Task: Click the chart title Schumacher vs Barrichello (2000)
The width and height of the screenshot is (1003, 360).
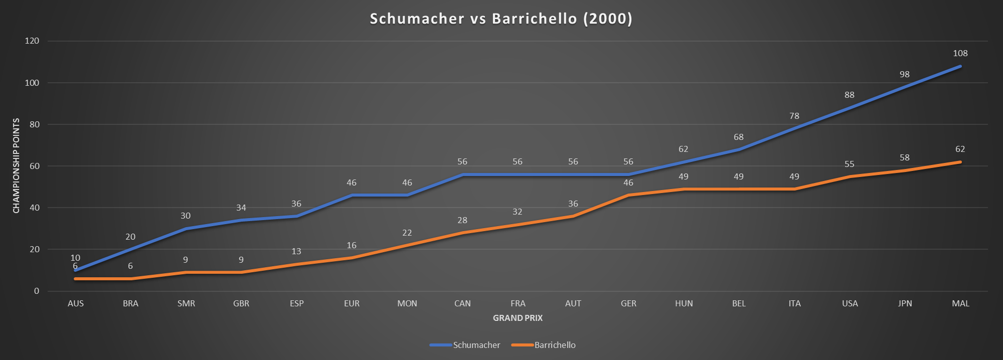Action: click(x=501, y=19)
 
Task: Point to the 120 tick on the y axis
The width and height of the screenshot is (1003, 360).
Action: click(x=32, y=41)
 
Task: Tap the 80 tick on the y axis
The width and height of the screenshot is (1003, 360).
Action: click(x=34, y=124)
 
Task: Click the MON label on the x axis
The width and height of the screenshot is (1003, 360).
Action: click(x=407, y=303)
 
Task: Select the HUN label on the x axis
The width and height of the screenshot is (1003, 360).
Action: click(x=684, y=303)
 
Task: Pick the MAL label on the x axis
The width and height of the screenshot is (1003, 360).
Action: click(x=960, y=303)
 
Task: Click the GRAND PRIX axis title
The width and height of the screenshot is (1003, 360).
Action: click(x=518, y=318)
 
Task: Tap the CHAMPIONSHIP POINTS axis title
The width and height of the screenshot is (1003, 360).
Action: click(x=17, y=165)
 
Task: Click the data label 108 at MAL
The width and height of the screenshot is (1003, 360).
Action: click(x=960, y=53)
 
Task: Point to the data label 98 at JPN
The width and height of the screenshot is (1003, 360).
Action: click(x=905, y=74)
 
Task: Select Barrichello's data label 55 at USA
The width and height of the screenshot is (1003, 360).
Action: click(x=850, y=164)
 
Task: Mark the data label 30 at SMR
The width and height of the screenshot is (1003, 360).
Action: click(x=186, y=216)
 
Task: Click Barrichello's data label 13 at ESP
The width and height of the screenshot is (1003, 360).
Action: click(x=296, y=251)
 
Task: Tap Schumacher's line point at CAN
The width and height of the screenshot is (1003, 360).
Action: click(x=462, y=174)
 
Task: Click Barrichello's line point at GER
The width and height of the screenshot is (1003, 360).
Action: click(x=628, y=195)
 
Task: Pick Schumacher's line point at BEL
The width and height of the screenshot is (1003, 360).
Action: click(x=739, y=149)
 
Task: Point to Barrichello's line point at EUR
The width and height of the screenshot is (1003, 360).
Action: click(x=352, y=258)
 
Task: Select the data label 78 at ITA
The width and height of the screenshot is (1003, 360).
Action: click(x=794, y=116)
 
